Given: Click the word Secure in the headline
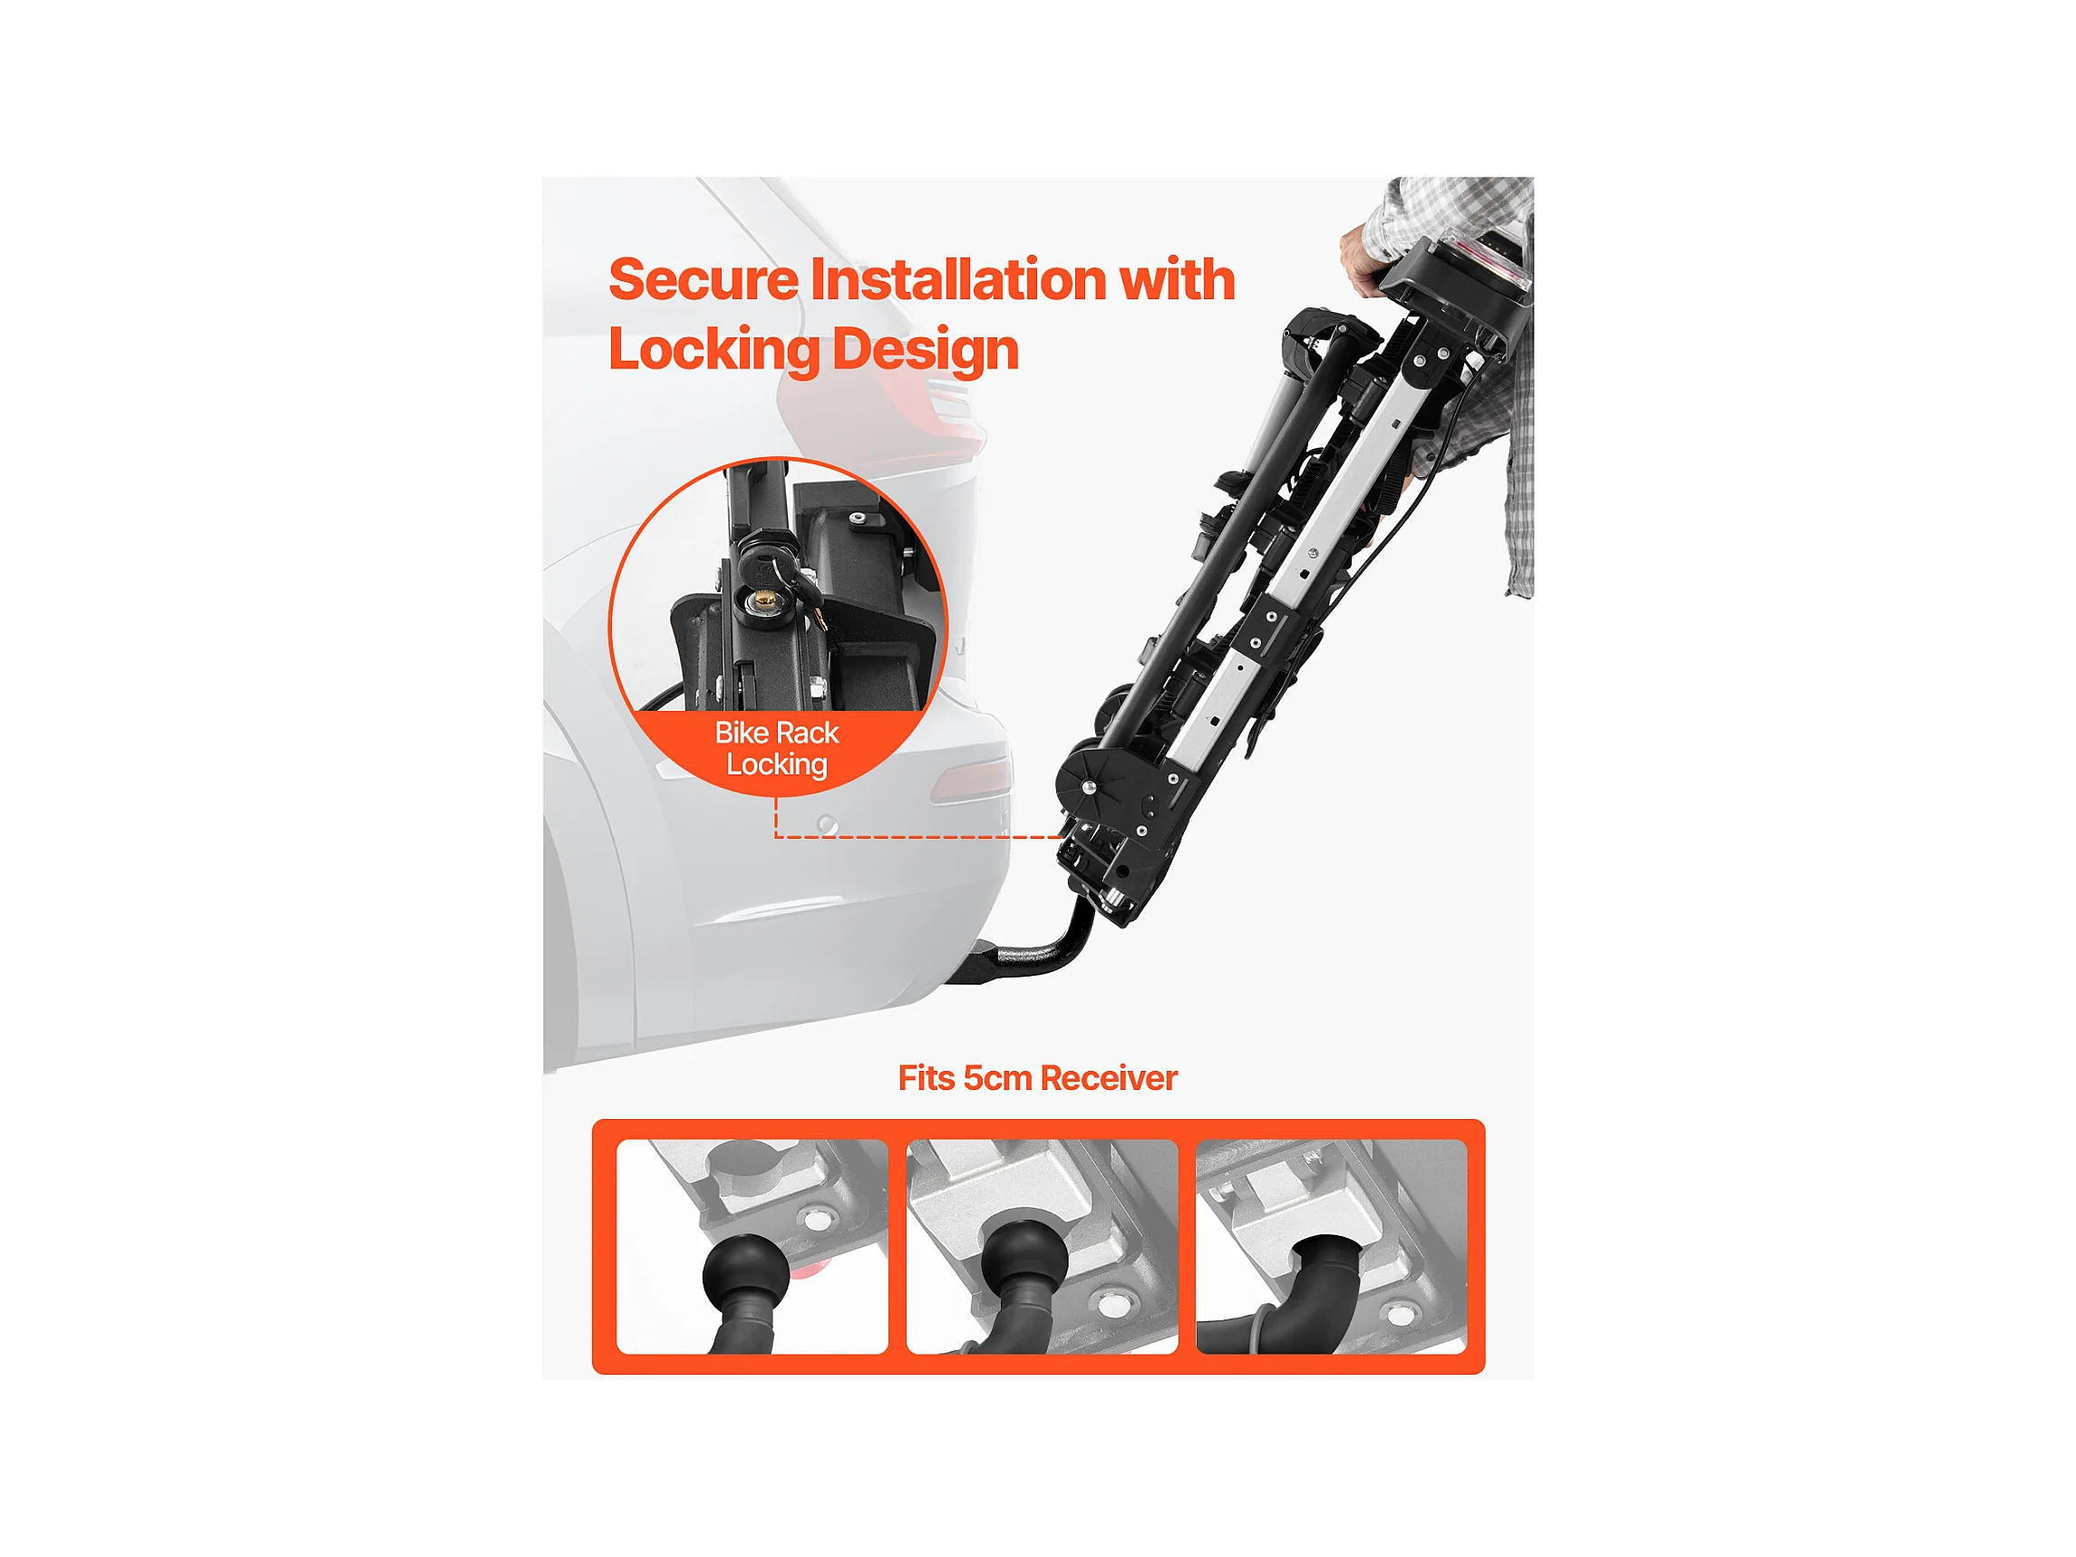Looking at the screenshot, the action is (x=703, y=279).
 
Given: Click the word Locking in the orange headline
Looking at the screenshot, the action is (x=715, y=350).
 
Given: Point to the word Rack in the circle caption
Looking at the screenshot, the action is (x=800, y=732).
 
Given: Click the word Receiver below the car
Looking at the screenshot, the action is (x=1109, y=1078).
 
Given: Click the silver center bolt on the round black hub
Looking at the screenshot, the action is (x=1089, y=787).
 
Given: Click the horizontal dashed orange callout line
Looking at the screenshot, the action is (x=919, y=836).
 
